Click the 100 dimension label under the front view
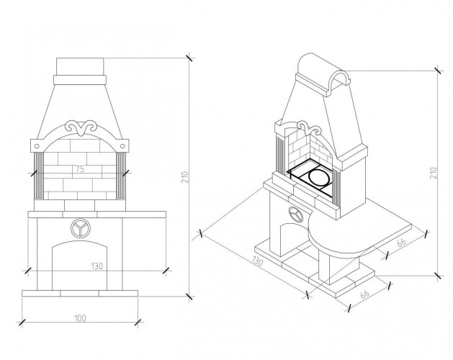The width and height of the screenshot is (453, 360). (80, 318)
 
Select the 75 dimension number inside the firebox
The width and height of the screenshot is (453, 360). (79, 169)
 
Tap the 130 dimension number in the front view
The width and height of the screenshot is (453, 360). (97, 266)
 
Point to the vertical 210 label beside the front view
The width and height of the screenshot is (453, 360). (185, 177)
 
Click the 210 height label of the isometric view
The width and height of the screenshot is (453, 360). (434, 173)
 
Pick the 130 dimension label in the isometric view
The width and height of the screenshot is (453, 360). (257, 261)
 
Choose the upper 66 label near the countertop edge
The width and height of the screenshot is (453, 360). (402, 242)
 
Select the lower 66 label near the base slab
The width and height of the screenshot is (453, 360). (365, 294)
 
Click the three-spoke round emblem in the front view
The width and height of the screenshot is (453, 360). (81, 228)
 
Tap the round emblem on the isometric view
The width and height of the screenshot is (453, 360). (295, 215)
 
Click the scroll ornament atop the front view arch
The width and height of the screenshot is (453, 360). (81, 127)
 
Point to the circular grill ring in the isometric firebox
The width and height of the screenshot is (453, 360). (319, 177)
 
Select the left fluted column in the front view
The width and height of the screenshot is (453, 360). (39, 176)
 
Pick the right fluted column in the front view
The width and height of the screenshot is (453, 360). (121, 176)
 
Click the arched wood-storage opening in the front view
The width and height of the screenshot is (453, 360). (79, 265)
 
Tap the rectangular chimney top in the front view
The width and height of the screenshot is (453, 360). (80, 66)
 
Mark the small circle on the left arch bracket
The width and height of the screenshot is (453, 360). (37, 146)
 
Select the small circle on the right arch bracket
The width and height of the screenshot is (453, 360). (122, 146)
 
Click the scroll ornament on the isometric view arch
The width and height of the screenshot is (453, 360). (309, 128)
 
